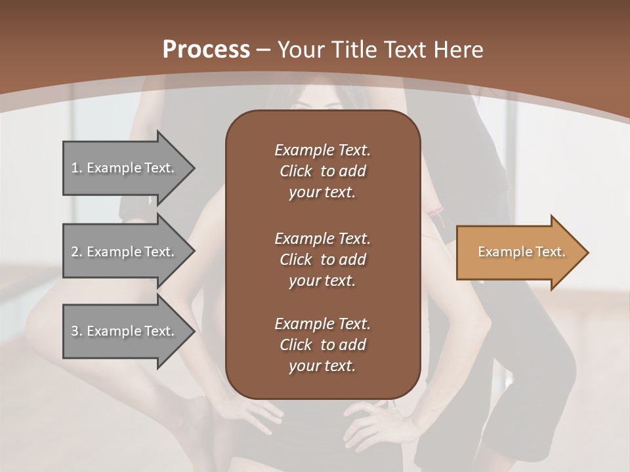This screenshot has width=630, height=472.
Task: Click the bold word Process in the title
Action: point(206,50)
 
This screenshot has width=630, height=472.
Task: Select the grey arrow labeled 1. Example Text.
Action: point(125,168)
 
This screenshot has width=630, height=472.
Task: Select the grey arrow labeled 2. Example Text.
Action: point(125,252)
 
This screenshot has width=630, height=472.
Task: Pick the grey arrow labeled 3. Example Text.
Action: point(125,331)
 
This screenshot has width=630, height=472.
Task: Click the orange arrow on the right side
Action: point(518,252)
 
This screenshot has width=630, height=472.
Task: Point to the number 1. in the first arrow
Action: point(77,168)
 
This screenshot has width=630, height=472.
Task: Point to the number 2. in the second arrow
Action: point(77,252)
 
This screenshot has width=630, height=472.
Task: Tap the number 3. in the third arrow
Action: point(77,331)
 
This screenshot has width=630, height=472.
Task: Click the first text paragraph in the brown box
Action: point(322,171)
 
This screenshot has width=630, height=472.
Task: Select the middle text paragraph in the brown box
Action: point(322,260)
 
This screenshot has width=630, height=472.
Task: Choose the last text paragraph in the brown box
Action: point(322,345)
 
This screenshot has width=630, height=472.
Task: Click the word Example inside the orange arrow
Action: point(499,252)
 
